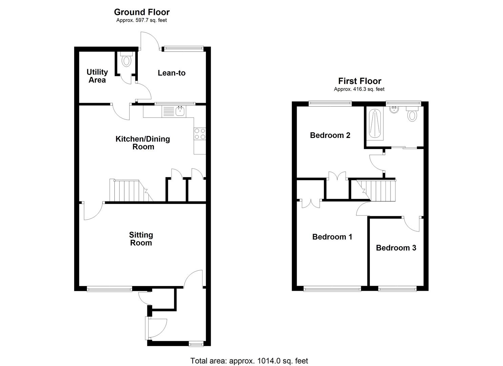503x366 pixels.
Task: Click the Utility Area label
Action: click(97, 76)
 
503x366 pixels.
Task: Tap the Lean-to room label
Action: click(171, 73)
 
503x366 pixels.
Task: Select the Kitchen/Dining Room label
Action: click(143, 143)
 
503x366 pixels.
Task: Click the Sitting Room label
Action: click(141, 239)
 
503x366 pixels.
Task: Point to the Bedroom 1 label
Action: click(332, 237)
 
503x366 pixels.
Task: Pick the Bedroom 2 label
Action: click(330, 135)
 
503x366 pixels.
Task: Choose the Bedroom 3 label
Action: click(396, 248)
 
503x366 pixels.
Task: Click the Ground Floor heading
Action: click(142, 12)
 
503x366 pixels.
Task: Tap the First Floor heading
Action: click(359, 81)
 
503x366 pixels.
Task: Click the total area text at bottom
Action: click(249, 361)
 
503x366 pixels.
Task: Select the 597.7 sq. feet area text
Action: click(142, 20)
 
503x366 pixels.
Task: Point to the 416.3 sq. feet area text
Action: click(359, 89)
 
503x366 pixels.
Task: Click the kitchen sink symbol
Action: click(173, 111)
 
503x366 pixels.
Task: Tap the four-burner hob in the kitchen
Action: click(199, 134)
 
